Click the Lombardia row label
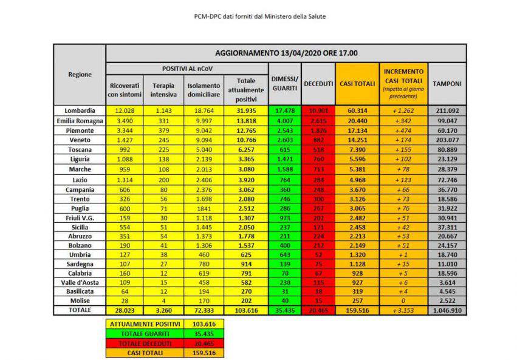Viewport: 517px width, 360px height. pos(80,110)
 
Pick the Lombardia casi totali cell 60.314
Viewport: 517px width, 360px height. pos(356,110)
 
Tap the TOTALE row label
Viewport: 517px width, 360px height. pos(80,310)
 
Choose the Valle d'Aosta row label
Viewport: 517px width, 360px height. pos(80,281)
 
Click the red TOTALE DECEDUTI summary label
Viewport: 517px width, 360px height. pos(144,343)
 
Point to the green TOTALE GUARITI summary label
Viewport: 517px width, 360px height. pos(144,334)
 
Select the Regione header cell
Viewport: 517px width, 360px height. pos(80,75)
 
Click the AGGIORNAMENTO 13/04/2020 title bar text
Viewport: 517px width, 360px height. pos(286,53)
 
